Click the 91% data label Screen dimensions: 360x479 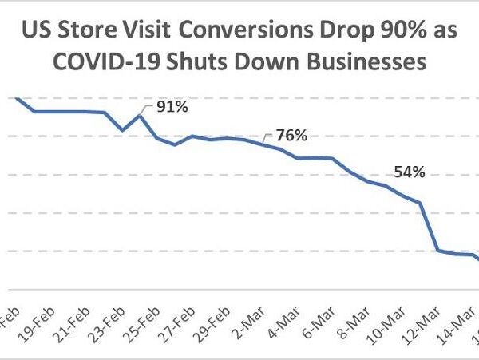click(172, 106)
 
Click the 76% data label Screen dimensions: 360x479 click(291, 135)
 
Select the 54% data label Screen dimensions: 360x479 click(409, 172)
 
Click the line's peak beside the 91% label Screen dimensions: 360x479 click(141, 115)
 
